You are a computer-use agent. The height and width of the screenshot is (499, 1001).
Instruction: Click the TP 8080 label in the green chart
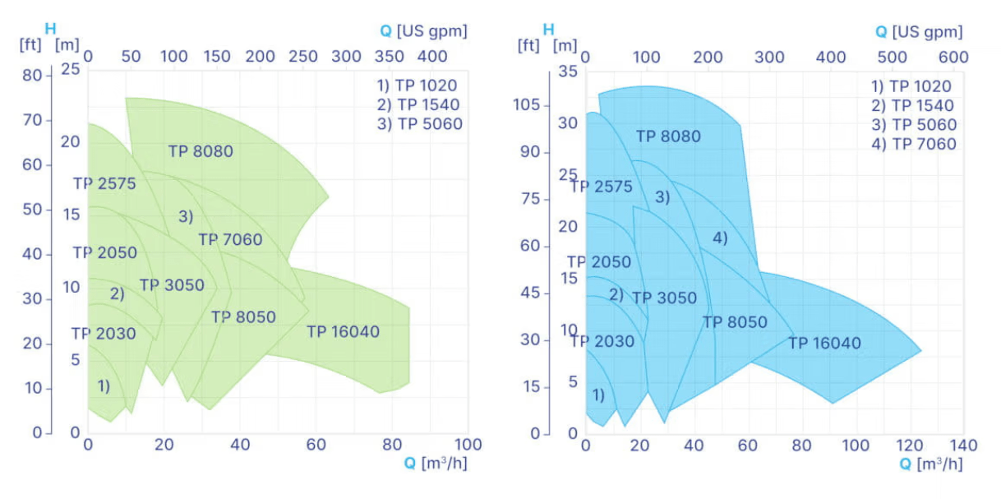pyautogui.click(x=201, y=151)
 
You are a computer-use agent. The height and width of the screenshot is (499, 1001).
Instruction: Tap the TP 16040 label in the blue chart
pyautogui.click(x=824, y=343)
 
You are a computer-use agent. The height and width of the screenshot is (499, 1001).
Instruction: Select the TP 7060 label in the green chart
pyautogui.click(x=230, y=240)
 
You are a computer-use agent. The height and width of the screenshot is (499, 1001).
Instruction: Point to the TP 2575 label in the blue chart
pyautogui.click(x=602, y=187)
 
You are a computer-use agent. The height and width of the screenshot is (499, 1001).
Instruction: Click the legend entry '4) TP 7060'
pyautogui.click(x=914, y=144)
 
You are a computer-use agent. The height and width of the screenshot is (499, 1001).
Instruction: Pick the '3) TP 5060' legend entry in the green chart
pyautogui.click(x=419, y=124)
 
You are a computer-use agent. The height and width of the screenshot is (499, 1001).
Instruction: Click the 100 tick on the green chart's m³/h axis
pyautogui.click(x=468, y=445)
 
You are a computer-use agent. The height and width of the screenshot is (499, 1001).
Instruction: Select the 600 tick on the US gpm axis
pyautogui.click(x=953, y=58)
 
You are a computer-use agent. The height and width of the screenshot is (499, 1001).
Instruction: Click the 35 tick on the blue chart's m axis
pyautogui.click(x=568, y=72)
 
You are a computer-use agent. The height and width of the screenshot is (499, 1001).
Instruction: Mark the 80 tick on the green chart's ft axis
pyautogui.click(x=30, y=75)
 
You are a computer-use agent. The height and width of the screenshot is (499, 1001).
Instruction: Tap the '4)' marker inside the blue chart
pyautogui.click(x=720, y=238)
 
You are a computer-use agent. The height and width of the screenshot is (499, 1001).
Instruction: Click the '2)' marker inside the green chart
pyautogui.click(x=117, y=293)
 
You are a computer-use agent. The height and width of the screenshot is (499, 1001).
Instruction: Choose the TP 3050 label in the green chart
pyautogui.click(x=172, y=285)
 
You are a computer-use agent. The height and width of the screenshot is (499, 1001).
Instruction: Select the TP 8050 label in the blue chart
pyautogui.click(x=735, y=322)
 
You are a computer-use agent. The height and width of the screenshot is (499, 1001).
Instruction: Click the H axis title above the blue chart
pyautogui.click(x=550, y=29)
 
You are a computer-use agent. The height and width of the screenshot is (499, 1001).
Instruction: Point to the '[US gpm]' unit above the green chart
pyautogui.click(x=432, y=31)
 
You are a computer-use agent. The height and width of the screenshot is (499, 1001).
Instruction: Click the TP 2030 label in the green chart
pyautogui.click(x=104, y=334)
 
